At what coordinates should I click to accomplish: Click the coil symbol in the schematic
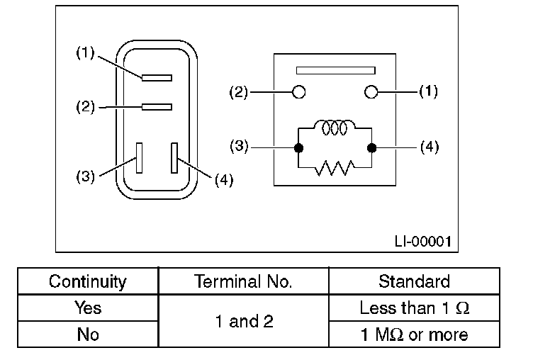click(334, 128)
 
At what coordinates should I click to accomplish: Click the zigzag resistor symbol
click(334, 168)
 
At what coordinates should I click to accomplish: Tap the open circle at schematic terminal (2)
click(299, 92)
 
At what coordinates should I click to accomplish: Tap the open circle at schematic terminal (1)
click(370, 92)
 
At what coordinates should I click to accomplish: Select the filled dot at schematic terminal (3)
click(298, 148)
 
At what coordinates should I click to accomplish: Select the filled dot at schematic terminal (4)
click(370, 148)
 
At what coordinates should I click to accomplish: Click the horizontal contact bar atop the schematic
click(335, 70)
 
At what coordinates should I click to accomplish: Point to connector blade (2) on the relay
click(157, 107)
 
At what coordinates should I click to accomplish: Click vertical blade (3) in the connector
click(140, 157)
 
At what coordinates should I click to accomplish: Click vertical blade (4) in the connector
click(174, 157)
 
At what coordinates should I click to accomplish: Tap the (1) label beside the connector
click(85, 54)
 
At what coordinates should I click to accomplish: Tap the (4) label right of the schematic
click(430, 148)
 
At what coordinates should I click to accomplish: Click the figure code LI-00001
click(423, 241)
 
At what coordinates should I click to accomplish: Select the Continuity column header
click(87, 281)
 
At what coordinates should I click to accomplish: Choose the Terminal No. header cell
click(243, 281)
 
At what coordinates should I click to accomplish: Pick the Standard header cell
click(414, 281)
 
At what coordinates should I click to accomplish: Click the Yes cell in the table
click(87, 308)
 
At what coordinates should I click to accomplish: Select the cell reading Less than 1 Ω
click(414, 308)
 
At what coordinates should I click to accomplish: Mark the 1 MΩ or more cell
click(414, 334)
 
